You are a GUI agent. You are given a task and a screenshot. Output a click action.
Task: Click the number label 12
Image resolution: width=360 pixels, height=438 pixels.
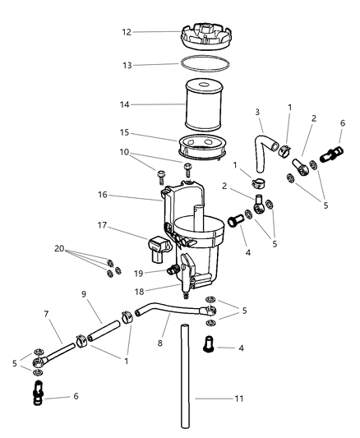click(126, 33)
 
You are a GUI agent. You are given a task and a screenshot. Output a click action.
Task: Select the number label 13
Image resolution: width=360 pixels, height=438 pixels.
click(126, 65)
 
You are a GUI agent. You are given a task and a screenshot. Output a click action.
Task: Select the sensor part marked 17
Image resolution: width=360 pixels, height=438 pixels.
click(159, 245)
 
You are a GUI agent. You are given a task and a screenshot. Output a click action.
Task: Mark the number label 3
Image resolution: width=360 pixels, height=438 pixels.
click(256, 112)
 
